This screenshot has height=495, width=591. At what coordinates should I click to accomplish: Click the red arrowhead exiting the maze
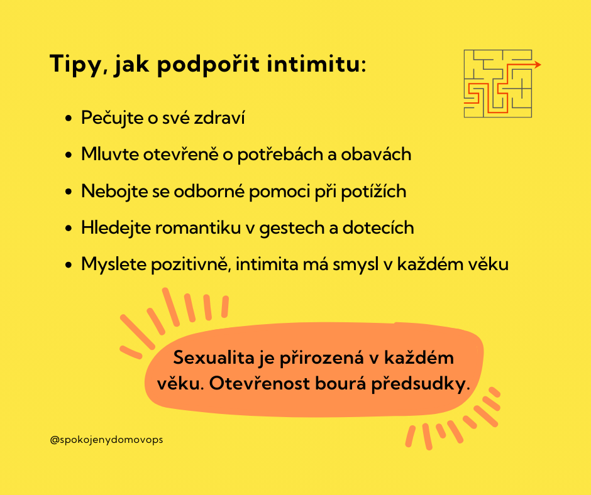coord(537,65)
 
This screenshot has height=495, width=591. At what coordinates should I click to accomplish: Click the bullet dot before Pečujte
coord(69,118)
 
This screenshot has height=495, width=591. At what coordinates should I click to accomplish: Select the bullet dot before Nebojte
coord(69,192)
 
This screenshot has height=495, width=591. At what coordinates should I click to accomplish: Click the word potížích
coord(373,191)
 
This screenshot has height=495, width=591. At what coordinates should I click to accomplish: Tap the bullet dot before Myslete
coord(69,265)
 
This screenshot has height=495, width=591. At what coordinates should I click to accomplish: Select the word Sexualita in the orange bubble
coord(214,357)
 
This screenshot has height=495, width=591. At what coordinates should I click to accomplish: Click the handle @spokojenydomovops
coord(106,440)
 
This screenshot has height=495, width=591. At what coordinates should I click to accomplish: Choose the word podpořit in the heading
coord(209,65)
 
